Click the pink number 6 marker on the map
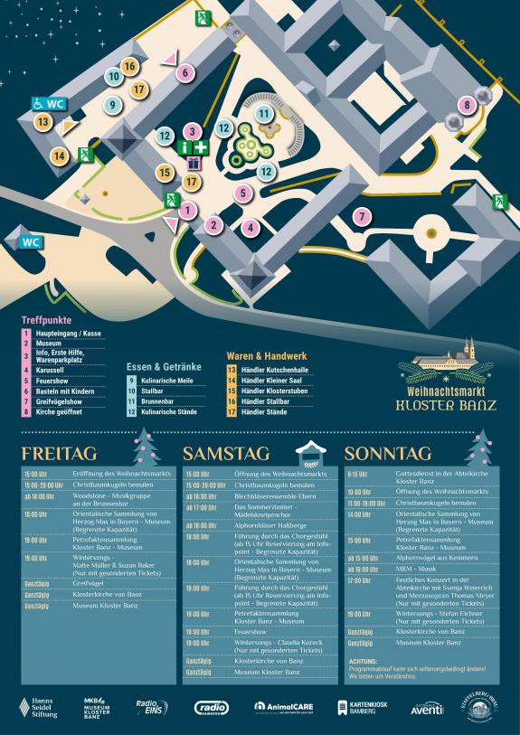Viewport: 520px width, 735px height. (184, 72)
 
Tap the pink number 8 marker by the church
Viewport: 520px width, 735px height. (467, 106)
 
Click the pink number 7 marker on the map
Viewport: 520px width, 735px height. (362, 217)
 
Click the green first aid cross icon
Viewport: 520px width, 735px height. (200, 146)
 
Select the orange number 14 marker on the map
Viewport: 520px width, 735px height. (59, 155)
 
